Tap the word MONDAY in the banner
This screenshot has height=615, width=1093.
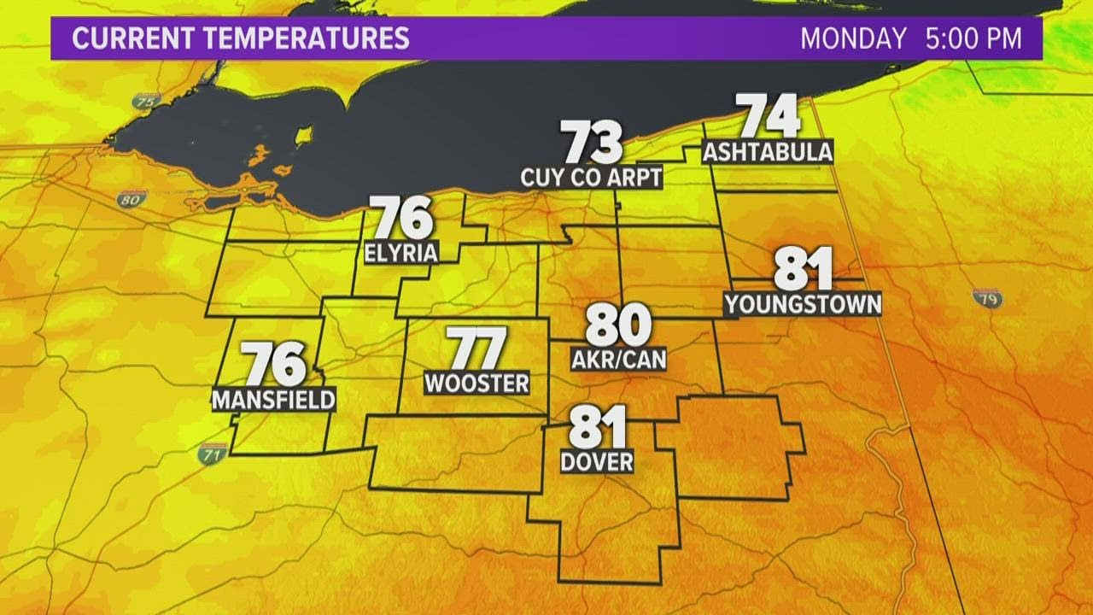point(853,38)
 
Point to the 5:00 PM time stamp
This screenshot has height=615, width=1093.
point(974,38)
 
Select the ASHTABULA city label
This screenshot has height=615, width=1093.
point(767,152)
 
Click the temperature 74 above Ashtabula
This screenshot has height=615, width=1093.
point(769,117)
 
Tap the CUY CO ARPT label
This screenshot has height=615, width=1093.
point(592,178)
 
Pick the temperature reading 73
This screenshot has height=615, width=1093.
point(591,143)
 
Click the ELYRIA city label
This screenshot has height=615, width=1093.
point(400,253)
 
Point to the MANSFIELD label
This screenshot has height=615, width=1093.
point(273,400)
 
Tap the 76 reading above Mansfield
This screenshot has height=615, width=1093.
point(275,364)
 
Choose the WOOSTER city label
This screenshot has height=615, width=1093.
point(476,384)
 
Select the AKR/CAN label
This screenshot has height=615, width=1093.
point(618,360)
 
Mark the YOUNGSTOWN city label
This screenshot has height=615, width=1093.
point(802,304)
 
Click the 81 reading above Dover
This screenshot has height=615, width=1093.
point(598,426)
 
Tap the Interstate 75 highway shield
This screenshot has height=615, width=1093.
point(146,101)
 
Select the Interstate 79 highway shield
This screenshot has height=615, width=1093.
point(987,298)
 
